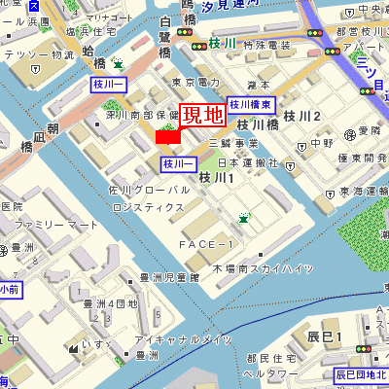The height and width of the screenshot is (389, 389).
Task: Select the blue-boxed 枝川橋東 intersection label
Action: (252, 103)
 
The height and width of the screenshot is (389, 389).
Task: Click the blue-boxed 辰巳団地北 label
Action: (361, 374)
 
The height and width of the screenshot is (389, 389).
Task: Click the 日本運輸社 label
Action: (248, 162)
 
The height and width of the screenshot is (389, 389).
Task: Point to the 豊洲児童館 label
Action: (168, 277)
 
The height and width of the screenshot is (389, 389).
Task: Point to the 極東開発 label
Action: (356, 159)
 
